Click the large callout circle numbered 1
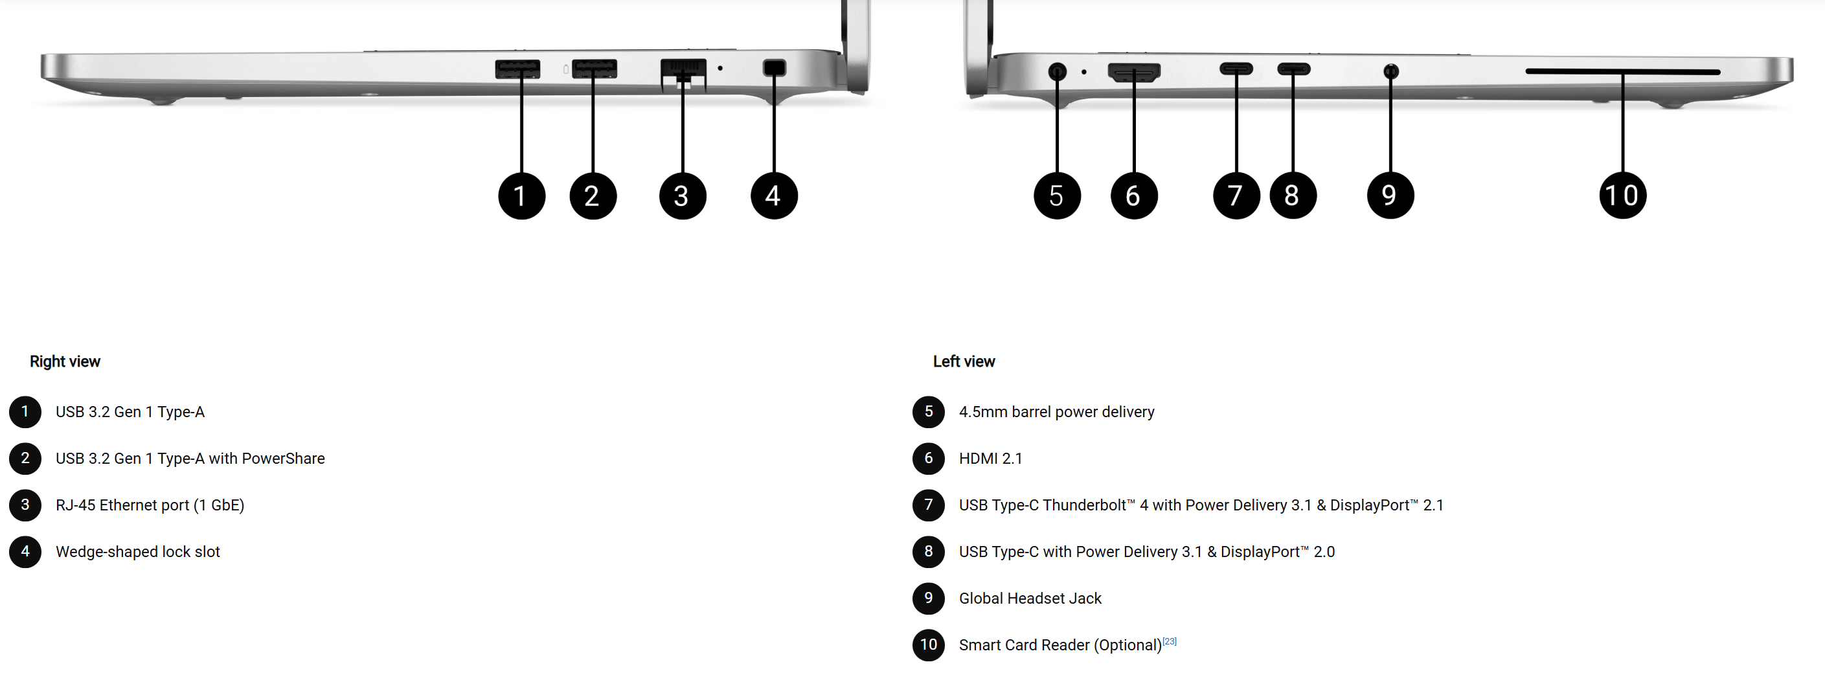tap(521, 196)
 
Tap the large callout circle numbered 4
tap(774, 196)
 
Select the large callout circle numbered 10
tap(1622, 195)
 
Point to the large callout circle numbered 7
tap(1236, 195)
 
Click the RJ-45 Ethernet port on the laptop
tap(683, 74)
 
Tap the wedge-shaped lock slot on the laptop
tap(775, 68)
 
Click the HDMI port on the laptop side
tap(1133, 73)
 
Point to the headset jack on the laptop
tap(1390, 71)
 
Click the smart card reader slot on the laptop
tap(1622, 72)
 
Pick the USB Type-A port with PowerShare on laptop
tap(594, 69)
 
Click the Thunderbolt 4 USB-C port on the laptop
tap(1236, 69)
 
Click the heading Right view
tap(65, 361)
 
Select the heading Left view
tap(964, 361)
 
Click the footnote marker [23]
tap(1170, 641)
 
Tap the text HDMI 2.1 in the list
tap(990, 459)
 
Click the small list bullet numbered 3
tap(25, 505)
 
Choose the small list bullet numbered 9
tap(928, 598)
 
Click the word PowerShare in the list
tap(284, 459)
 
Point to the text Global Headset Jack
tap(1030, 598)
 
